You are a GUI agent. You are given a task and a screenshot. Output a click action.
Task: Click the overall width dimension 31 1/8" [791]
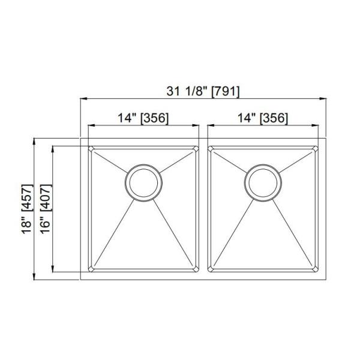pyautogui.click(x=203, y=91)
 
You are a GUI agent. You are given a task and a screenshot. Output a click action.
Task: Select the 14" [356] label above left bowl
pyautogui.click(x=143, y=118)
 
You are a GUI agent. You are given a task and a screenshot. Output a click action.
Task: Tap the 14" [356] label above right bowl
pyautogui.click(x=262, y=118)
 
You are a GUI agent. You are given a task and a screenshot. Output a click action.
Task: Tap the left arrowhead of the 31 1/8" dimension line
pyautogui.click(x=83, y=99)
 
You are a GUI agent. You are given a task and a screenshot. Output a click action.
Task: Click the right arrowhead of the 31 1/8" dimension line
pyautogui.click(x=323, y=99)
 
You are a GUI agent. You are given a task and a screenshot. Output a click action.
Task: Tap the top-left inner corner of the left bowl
pyautogui.click(x=91, y=148)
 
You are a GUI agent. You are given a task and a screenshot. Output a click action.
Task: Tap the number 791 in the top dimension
pyautogui.click(x=227, y=91)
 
